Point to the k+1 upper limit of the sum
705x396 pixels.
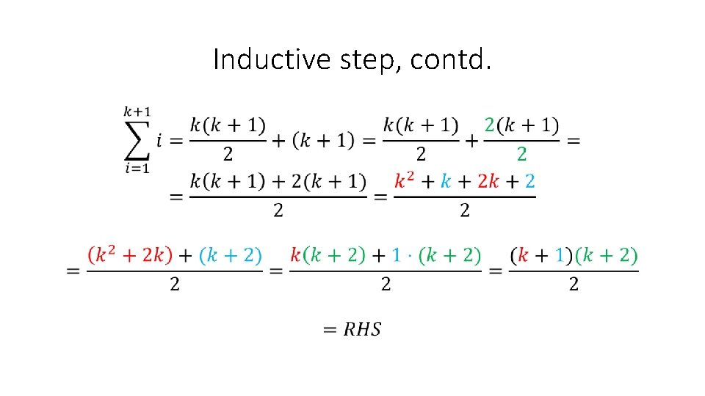[x=137, y=112]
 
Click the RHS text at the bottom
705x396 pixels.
[x=362, y=329]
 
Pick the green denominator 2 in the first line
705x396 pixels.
[x=521, y=154]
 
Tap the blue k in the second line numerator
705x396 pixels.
[x=445, y=182]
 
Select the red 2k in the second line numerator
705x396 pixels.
[x=488, y=182]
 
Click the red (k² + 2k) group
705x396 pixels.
[x=130, y=255]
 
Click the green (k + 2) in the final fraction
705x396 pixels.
[x=607, y=255]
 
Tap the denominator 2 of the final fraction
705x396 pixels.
[x=574, y=285]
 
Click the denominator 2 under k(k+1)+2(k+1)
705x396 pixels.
[x=278, y=210]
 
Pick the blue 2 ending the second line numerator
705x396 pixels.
[x=530, y=182]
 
